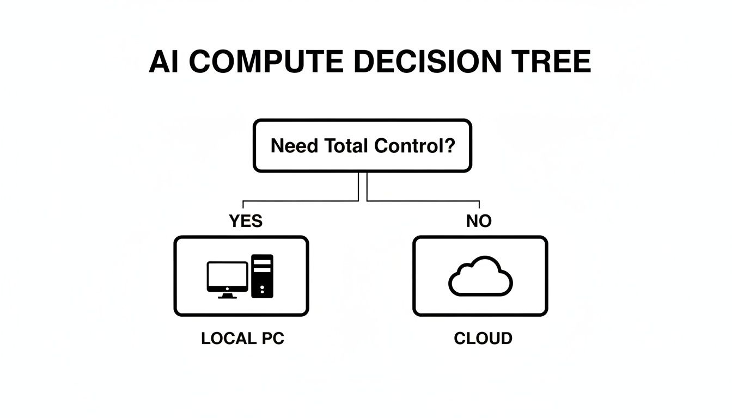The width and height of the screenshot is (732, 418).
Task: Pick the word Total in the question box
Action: pyautogui.click(x=346, y=146)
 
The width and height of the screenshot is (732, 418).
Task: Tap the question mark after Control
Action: pyautogui.click(x=449, y=146)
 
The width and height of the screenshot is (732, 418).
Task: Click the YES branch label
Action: pyautogui.click(x=246, y=221)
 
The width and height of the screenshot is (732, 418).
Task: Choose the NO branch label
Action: pyautogui.click(x=479, y=221)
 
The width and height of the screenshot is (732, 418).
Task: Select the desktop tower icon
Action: pyautogui.click(x=262, y=276)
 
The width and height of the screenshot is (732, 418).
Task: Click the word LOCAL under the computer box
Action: pyautogui.click(x=227, y=339)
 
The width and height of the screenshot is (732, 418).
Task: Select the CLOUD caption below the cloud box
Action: pyautogui.click(x=483, y=339)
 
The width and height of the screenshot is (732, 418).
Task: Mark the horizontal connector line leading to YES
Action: pyautogui.click(x=300, y=201)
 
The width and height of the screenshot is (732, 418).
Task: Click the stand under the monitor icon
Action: pyautogui.click(x=227, y=296)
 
